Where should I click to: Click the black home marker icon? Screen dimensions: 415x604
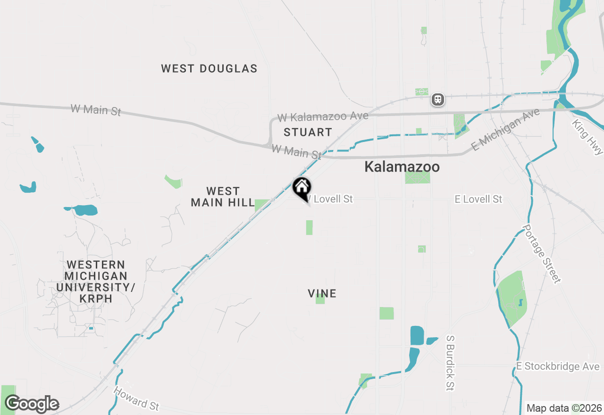point(302,188)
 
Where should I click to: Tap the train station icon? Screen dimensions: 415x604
point(438,100)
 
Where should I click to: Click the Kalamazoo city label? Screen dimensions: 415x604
point(402,167)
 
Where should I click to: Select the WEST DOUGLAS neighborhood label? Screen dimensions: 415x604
point(209,69)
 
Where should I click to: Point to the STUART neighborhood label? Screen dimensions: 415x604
point(308,133)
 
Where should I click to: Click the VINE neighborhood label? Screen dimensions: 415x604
point(322,294)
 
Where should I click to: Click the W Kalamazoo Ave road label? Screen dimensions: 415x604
point(323,116)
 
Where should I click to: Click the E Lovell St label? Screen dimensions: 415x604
point(478,199)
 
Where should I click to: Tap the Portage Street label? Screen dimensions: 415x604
point(541,254)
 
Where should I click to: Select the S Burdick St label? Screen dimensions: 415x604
point(450,363)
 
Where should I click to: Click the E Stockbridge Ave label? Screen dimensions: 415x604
point(558,367)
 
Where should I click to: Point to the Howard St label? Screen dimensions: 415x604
point(136,398)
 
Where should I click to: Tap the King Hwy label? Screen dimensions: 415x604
point(587,137)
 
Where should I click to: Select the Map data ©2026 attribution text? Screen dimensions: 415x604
point(564,408)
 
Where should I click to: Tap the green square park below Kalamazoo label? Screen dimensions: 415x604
point(418,178)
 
